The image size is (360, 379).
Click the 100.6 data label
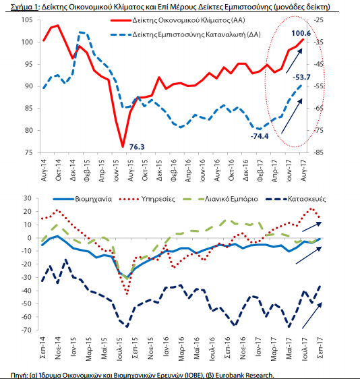click(301, 33)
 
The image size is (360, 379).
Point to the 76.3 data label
click(137, 147)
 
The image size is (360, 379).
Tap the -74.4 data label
click(260, 136)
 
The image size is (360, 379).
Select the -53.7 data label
click(301, 78)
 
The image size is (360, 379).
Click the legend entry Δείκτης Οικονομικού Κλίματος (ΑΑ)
click(178, 20)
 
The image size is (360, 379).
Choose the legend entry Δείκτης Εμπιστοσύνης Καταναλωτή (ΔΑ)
click(185, 34)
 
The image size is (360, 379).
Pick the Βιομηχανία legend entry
click(83, 199)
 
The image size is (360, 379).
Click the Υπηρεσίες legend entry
click(147, 199)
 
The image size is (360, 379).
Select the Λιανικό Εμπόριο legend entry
click(220, 199)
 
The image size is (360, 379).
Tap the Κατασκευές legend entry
click(296, 199)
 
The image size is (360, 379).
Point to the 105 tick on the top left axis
click(27, 20)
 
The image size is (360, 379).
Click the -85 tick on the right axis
click(318, 152)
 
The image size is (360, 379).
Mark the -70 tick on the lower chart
click(26, 330)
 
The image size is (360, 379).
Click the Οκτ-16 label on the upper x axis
click(231, 170)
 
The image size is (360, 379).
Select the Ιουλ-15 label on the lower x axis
click(120, 349)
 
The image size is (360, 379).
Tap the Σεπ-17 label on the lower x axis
click(320, 348)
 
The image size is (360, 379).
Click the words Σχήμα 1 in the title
click(24, 7)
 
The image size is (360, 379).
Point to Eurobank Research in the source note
click(245, 376)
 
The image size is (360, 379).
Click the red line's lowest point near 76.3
click(123, 146)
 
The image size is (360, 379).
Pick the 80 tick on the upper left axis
click(28, 131)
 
